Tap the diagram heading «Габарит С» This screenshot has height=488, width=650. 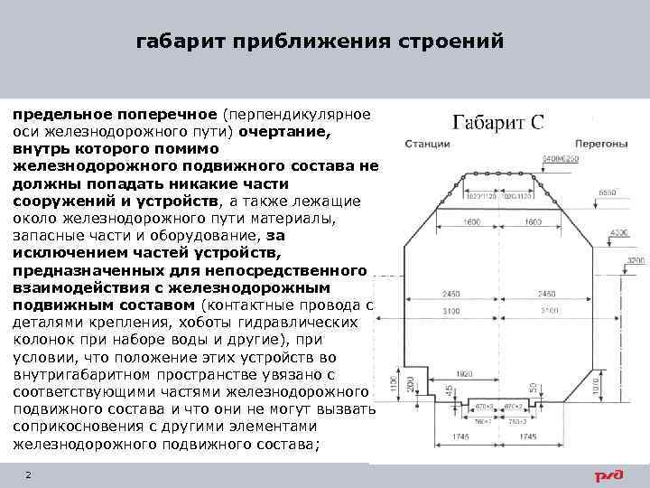click(x=497, y=122)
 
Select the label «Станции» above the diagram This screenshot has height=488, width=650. click(x=426, y=145)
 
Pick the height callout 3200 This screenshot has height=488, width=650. click(x=636, y=260)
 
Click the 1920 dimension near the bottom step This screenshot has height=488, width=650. click(x=464, y=372)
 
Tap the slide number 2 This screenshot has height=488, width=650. click(x=29, y=474)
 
